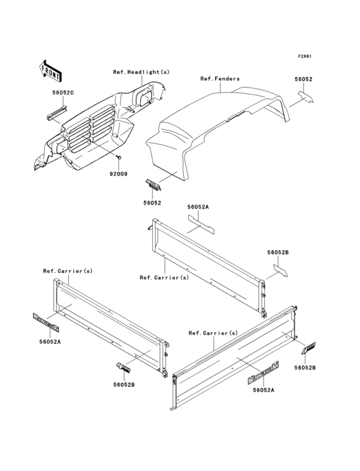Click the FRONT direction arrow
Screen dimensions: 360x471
click(x=50, y=71)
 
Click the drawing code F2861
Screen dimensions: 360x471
click(x=305, y=56)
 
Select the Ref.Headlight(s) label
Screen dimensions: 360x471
click(x=141, y=72)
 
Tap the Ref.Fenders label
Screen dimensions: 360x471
click(x=220, y=78)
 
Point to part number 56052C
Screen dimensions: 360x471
click(x=63, y=93)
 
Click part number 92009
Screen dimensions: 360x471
click(x=118, y=174)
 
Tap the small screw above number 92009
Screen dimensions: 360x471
click(x=119, y=157)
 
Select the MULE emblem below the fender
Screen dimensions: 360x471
click(x=153, y=185)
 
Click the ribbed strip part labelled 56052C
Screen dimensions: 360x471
click(x=57, y=113)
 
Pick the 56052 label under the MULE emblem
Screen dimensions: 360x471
click(x=152, y=203)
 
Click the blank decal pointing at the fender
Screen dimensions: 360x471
click(x=305, y=97)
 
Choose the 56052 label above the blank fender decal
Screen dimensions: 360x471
click(x=303, y=79)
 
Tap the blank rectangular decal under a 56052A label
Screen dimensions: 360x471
click(x=201, y=225)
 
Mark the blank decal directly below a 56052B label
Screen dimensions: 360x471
click(x=280, y=270)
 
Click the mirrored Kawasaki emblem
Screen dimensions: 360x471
click(x=46, y=322)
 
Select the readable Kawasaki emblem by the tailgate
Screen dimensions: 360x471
click(x=263, y=373)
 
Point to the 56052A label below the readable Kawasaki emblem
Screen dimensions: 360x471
click(x=264, y=390)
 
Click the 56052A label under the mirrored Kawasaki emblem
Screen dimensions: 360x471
click(x=50, y=342)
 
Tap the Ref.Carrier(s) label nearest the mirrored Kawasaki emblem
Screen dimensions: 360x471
click(x=67, y=271)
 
